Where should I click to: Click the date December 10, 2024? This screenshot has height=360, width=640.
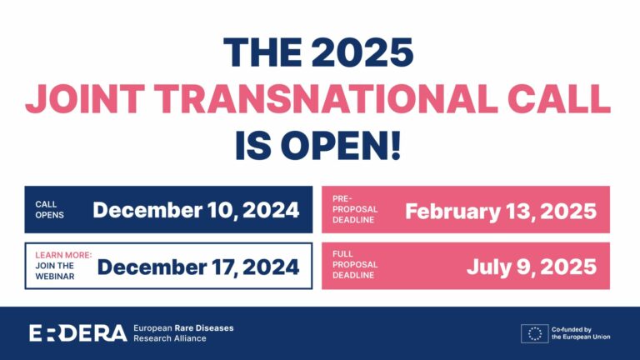196,210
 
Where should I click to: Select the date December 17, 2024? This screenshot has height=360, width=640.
198,267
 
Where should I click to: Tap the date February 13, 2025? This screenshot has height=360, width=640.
501,210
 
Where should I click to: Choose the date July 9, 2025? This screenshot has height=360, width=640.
532,267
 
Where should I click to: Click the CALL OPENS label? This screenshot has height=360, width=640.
50,210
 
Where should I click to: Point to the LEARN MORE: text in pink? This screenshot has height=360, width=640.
63,255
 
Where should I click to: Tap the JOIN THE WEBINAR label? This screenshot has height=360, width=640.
56,271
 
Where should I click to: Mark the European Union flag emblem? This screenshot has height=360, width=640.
534,333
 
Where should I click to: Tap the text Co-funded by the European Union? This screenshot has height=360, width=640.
582,333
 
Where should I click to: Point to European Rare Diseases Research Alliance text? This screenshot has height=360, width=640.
183,333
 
